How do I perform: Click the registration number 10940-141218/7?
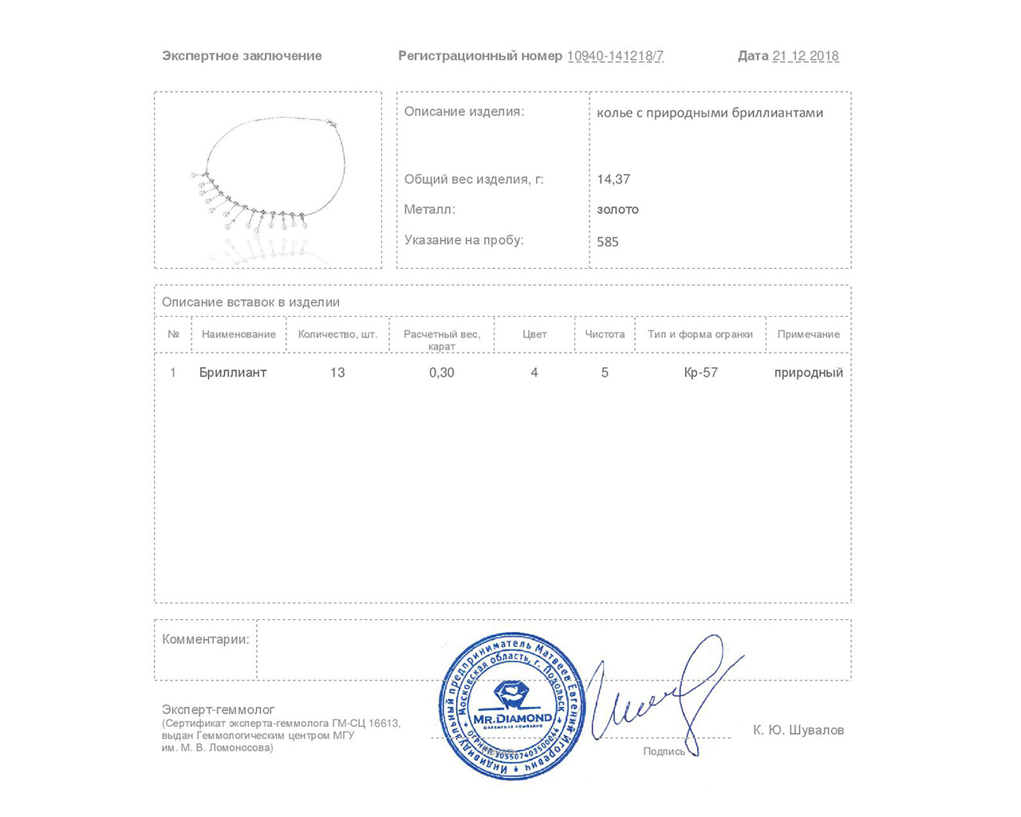[x=615, y=56]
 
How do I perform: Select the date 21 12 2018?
[x=805, y=56]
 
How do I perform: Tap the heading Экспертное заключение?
[x=242, y=56]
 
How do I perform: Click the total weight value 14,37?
[x=613, y=180]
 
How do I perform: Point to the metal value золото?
[x=617, y=210]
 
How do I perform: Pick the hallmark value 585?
[x=607, y=242]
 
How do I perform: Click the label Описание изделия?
[x=464, y=112]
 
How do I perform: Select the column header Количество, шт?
[x=337, y=334]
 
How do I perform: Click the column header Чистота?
[x=605, y=334]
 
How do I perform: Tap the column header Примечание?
[x=808, y=334]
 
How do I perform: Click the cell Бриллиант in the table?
[x=233, y=373]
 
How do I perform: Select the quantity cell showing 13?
[x=337, y=373]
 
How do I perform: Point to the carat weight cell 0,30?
[x=441, y=373]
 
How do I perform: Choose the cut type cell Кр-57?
[x=700, y=373]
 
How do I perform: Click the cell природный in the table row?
[x=808, y=373]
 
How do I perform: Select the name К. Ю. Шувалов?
[x=798, y=730]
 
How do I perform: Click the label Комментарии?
[x=205, y=639]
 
